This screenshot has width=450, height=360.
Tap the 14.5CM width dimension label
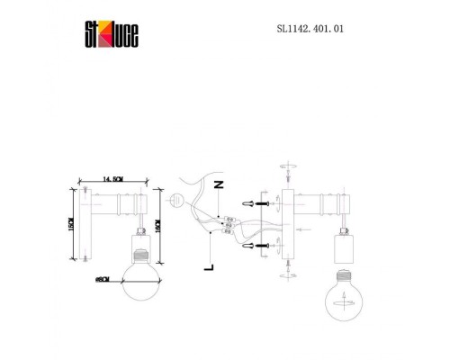[113, 179]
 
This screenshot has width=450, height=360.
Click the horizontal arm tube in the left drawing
[117, 208]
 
